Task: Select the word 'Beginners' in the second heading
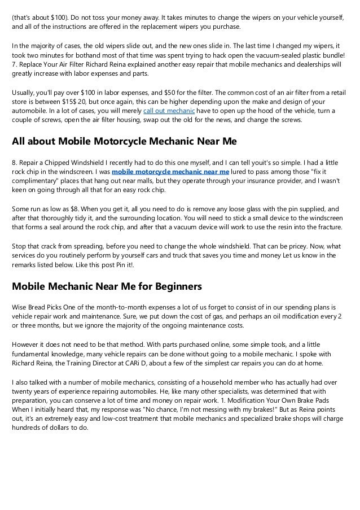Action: (175, 286)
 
